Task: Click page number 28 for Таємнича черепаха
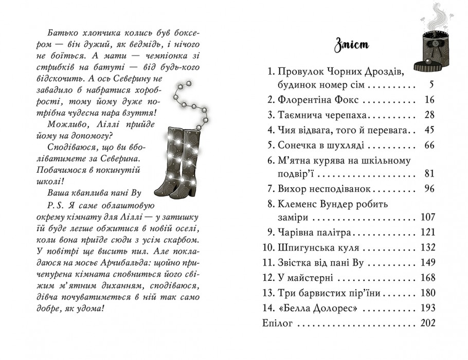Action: coord(429,115)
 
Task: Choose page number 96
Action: coord(429,188)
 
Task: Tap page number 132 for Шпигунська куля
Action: coord(427,248)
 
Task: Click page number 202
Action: coord(427,323)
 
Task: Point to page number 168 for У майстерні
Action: coord(427,278)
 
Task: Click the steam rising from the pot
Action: coord(438,15)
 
